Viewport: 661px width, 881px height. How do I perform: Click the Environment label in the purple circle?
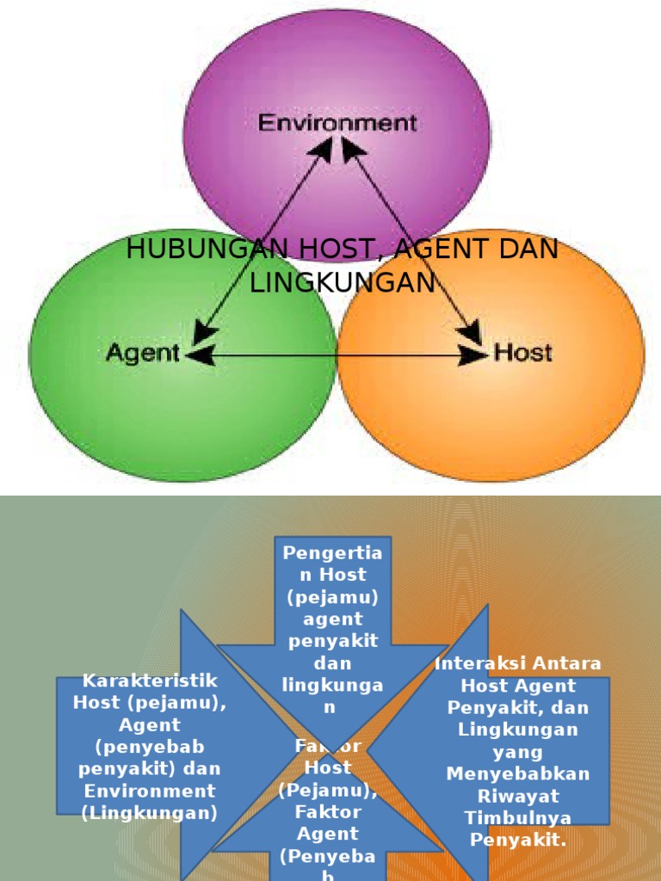(x=337, y=123)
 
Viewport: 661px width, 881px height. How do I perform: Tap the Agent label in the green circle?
(x=143, y=353)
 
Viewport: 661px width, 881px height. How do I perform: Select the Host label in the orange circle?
(x=522, y=353)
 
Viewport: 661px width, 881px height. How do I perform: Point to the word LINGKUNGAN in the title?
(x=343, y=282)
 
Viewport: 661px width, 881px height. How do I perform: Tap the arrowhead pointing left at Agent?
(x=200, y=354)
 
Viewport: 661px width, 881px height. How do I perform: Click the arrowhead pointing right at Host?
(x=474, y=354)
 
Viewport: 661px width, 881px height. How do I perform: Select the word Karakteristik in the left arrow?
(x=150, y=681)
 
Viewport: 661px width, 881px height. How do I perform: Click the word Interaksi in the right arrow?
(x=481, y=663)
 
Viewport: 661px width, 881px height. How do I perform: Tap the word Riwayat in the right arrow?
(x=518, y=796)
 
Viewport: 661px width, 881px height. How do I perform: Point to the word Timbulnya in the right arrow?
(x=518, y=817)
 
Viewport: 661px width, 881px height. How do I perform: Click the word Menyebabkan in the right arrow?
(x=518, y=773)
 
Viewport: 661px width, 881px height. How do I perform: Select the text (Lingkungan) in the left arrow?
(x=150, y=813)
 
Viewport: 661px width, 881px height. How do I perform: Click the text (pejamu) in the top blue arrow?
(x=333, y=596)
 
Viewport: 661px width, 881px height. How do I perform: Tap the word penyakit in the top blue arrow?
(x=333, y=641)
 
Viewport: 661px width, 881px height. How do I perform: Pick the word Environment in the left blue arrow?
(x=150, y=791)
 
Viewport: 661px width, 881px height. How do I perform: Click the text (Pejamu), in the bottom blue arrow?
(x=328, y=789)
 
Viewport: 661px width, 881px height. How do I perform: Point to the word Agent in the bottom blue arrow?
(x=328, y=834)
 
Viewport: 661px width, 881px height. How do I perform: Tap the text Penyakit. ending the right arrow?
(x=518, y=840)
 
